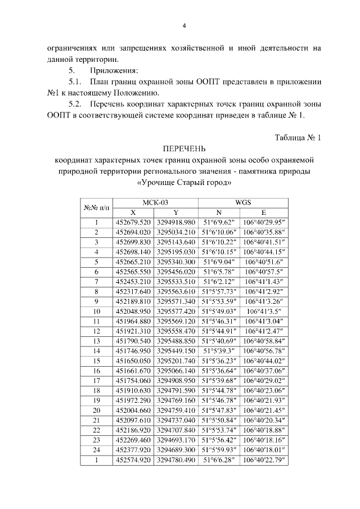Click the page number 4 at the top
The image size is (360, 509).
click(x=184, y=25)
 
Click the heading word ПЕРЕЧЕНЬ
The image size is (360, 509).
click(x=184, y=149)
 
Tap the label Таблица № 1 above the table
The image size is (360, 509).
click(x=298, y=138)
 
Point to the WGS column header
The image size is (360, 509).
click(x=242, y=202)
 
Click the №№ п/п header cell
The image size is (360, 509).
click(x=96, y=208)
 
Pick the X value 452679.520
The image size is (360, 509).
click(x=133, y=223)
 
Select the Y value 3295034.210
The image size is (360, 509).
click(x=175, y=232)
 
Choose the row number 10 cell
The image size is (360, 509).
click(x=96, y=310)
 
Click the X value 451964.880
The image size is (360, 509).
click(x=133, y=319)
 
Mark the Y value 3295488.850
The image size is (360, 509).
click(x=175, y=339)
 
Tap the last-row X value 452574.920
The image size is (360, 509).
click(x=133, y=461)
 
